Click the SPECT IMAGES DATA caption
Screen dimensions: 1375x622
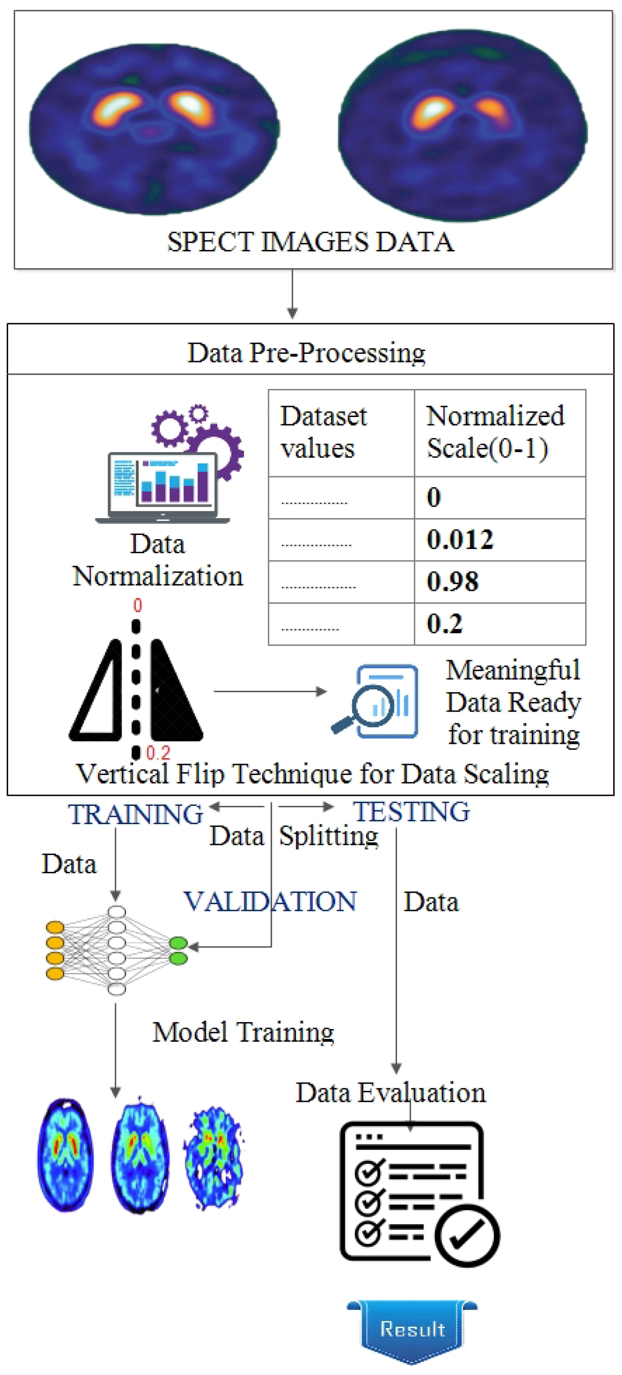(x=310, y=242)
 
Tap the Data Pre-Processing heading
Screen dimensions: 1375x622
(x=306, y=352)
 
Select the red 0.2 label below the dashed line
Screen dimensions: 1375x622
(x=158, y=753)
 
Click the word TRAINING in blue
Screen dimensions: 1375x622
(x=136, y=815)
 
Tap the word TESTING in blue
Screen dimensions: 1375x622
(x=411, y=811)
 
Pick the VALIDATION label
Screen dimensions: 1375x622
(x=270, y=901)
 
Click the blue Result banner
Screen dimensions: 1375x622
(x=412, y=1329)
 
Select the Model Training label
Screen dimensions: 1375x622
(x=244, y=1032)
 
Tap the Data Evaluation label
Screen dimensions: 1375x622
(x=391, y=1093)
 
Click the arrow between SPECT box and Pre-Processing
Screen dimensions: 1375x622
(x=292, y=294)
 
